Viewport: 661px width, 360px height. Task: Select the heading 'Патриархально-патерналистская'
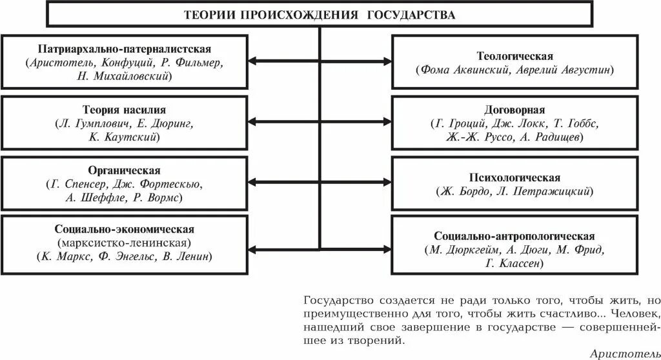(125, 49)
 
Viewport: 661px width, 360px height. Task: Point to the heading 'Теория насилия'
(125, 110)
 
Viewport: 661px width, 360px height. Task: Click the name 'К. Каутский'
(125, 137)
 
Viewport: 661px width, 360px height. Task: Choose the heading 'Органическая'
(125, 170)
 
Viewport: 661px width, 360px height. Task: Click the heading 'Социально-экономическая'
(125, 230)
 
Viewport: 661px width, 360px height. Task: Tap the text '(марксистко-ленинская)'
(125, 243)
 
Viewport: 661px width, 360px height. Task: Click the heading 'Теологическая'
(515, 56)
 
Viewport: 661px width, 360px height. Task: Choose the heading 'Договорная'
(515, 110)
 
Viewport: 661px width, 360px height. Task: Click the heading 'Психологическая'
(515, 177)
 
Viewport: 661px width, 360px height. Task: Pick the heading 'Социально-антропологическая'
(515, 235)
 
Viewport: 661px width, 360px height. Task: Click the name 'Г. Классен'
(515, 263)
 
